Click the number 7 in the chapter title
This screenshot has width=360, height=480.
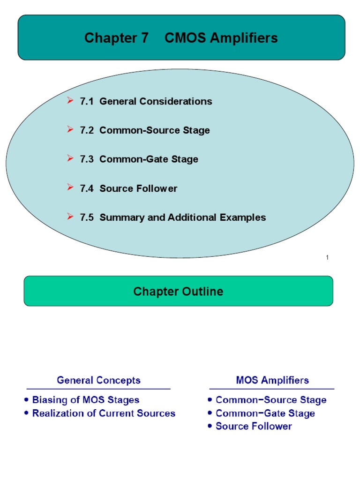tap(144, 38)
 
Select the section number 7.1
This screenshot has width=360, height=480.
tap(87, 101)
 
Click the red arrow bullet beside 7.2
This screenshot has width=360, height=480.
tap(70, 130)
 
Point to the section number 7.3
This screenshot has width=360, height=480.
tap(87, 159)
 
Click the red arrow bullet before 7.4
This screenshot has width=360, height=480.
tap(70, 188)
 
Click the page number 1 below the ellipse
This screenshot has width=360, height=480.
tap(327, 257)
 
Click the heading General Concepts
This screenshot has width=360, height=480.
tap(98, 380)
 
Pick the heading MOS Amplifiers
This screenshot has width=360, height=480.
tap(272, 380)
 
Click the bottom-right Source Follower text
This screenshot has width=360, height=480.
tap(254, 427)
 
